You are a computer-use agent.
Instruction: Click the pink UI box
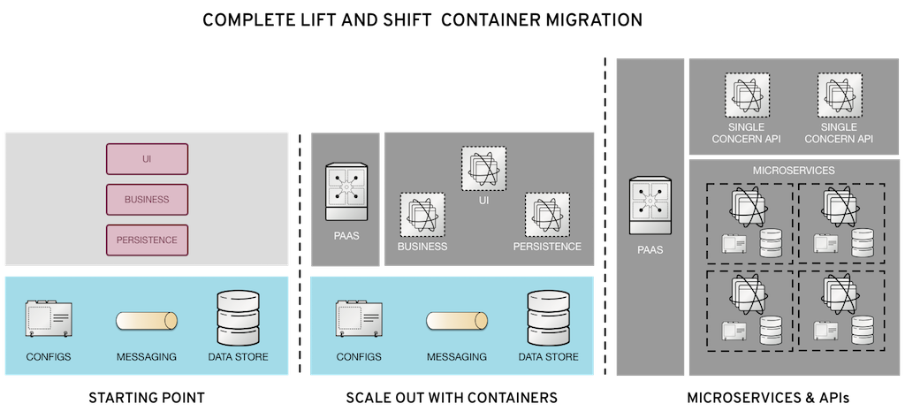pyautogui.click(x=147, y=159)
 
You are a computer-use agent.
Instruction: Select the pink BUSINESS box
pyautogui.click(x=147, y=199)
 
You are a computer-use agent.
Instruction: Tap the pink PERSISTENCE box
pyautogui.click(x=147, y=240)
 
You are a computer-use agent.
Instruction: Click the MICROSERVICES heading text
pyautogui.click(x=787, y=170)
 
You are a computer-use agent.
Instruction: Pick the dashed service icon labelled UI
pyautogui.click(x=483, y=168)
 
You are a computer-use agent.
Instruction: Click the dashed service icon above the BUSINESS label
pyautogui.click(x=422, y=214)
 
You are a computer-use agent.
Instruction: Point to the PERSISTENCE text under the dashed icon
pyautogui.click(x=547, y=247)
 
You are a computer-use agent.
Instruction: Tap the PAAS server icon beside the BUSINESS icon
pyautogui.click(x=346, y=192)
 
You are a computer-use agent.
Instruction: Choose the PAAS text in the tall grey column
pyautogui.click(x=650, y=250)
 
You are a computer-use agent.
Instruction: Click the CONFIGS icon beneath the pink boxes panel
pyautogui.click(x=49, y=318)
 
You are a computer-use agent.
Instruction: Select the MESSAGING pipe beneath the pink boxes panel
pyautogui.click(x=147, y=321)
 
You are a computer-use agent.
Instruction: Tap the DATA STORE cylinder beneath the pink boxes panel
pyautogui.click(x=238, y=315)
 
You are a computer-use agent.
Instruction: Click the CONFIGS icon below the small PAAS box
pyautogui.click(x=358, y=318)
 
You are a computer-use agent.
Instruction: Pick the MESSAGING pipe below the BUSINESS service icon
pyautogui.click(x=456, y=321)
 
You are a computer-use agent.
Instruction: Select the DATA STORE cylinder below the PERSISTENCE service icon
pyautogui.click(x=547, y=315)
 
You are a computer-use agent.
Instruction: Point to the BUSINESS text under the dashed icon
pyautogui.click(x=422, y=247)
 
